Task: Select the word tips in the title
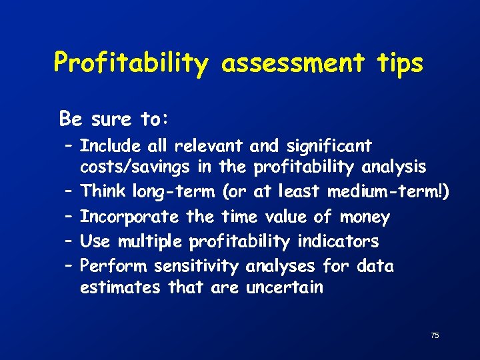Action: [398, 64]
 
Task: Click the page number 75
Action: [435, 335]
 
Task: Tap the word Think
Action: [103, 192]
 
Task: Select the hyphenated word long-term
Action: [173, 193]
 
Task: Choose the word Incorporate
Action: [129, 217]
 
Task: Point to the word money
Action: [365, 217]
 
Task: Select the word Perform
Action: [114, 267]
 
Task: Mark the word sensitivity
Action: [196, 267]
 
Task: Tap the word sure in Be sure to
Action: [111, 119]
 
